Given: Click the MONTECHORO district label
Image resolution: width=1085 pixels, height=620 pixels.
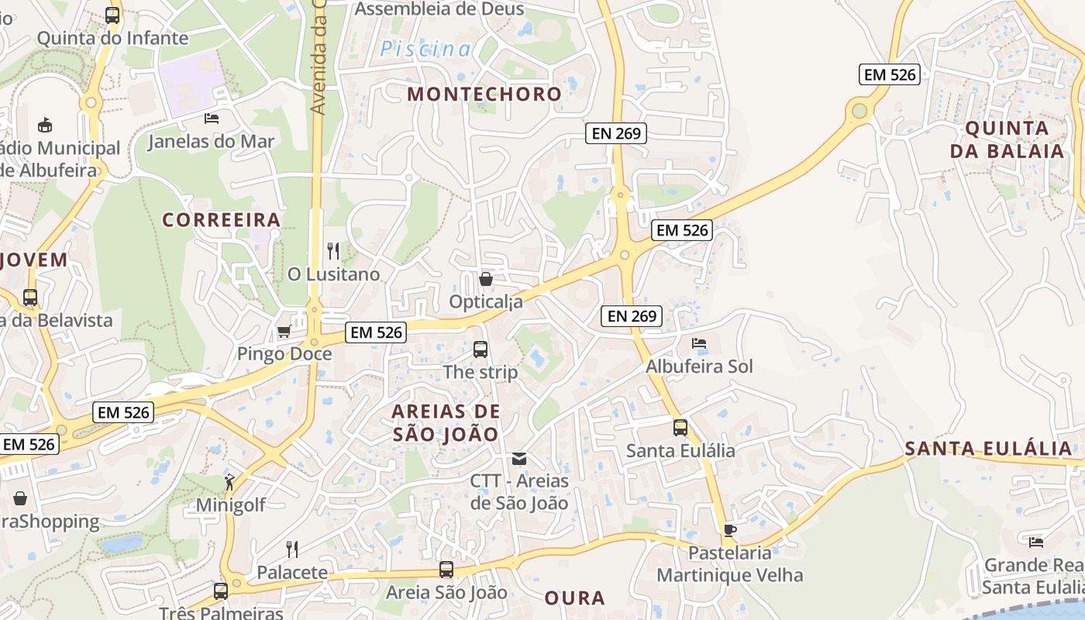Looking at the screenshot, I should pyautogui.click(x=484, y=94).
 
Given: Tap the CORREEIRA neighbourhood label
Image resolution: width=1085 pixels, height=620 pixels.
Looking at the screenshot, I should pyautogui.click(x=221, y=220).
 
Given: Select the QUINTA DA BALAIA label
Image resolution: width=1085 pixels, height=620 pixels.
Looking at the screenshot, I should pyautogui.click(x=1007, y=139).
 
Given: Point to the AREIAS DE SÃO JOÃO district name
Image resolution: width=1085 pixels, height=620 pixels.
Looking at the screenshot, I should pyautogui.click(x=446, y=422).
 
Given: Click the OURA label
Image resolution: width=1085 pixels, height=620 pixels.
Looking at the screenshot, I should pyautogui.click(x=574, y=598).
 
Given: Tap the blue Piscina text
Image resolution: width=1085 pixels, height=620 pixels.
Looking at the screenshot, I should pyautogui.click(x=425, y=50).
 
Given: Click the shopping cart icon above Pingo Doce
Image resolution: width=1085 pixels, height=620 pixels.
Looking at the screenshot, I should pyautogui.click(x=284, y=332).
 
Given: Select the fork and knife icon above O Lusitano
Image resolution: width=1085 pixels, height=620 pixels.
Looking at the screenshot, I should pyautogui.click(x=333, y=250).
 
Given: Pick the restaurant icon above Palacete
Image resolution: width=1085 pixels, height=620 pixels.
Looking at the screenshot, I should pyautogui.click(x=292, y=549).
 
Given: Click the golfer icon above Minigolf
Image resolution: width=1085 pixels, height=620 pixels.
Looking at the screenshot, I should pyautogui.click(x=230, y=482).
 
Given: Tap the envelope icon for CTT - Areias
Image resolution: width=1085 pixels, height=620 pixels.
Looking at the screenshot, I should pyautogui.click(x=519, y=459).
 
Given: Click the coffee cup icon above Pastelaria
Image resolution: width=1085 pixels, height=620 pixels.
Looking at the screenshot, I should pyautogui.click(x=729, y=530).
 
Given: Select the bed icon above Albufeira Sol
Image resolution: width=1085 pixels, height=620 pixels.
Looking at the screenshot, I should pyautogui.click(x=699, y=343).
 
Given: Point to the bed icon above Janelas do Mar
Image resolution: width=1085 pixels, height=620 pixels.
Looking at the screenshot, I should pyautogui.click(x=212, y=119).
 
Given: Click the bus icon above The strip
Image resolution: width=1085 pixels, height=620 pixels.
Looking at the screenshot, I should pyautogui.click(x=480, y=349).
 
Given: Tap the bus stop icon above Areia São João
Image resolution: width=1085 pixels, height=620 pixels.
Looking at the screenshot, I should pyautogui.click(x=446, y=570).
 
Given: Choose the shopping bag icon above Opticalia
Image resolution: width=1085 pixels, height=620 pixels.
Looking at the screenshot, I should pyautogui.click(x=486, y=278).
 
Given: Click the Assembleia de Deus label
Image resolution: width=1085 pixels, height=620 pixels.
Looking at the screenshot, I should pyautogui.click(x=439, y=9).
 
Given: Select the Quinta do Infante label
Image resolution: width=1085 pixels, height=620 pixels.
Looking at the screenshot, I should pyautogui.click(x=112, y=38).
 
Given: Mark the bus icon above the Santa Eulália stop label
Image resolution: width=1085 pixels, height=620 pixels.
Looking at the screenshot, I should pyautogui.click(x=680, y=427).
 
